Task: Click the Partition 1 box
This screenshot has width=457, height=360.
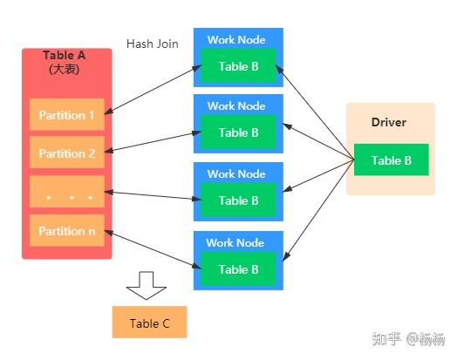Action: point(67,115)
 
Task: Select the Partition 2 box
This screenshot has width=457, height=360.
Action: point(67,153)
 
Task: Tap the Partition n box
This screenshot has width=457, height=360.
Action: point(67,231)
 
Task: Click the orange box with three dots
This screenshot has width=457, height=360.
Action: point(67,193)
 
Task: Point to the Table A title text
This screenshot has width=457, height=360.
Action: point(65,56)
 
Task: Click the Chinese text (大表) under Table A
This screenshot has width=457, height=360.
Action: point(65,69)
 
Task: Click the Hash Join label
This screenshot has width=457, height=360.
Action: point(153,44)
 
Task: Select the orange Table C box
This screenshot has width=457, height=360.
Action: point(149,323)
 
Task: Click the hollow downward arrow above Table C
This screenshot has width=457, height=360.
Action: point(146,285)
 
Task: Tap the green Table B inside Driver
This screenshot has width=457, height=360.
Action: point(392,160)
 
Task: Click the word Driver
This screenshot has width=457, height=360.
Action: point(388,123)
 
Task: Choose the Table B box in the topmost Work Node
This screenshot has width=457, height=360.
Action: point(238,65)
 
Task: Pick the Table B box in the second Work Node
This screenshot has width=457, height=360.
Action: point(238,133)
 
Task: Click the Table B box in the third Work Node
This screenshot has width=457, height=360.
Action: point(238,200)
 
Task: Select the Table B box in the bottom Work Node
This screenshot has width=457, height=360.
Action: point(238,269)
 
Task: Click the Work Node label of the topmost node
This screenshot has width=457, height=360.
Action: point(235,40)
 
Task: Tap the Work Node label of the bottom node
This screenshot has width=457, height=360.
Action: point(235,243)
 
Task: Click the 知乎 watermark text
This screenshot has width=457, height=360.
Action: point(386,338)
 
